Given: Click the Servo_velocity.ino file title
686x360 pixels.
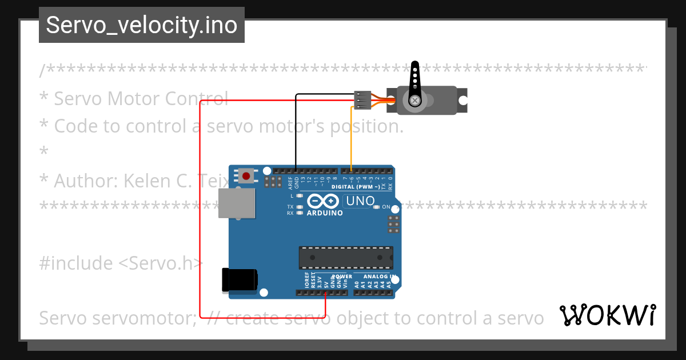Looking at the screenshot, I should [141, 25].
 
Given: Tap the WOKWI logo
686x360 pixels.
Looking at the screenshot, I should [607, 315].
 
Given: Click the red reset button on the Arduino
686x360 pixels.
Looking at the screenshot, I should [246, 175].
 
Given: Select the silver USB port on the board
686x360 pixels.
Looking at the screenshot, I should [236, 203].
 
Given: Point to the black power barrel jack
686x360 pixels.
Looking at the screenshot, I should [240, 279].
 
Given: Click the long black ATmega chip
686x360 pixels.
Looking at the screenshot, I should [346, 257].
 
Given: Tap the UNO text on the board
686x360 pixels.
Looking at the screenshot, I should [360, 201].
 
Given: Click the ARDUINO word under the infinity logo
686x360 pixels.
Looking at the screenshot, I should [325, 213].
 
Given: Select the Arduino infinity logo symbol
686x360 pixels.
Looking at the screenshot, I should [324, 201].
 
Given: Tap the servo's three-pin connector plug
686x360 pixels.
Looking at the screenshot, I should [362, 99].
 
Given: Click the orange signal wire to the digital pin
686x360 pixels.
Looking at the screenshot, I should [351, 137].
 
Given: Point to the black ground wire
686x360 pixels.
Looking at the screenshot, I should [296, 131].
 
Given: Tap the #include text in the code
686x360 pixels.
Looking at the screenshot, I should [76, 263].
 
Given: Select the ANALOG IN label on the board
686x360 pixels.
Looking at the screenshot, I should [376, 277].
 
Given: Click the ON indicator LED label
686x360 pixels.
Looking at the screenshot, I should [386, 207].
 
